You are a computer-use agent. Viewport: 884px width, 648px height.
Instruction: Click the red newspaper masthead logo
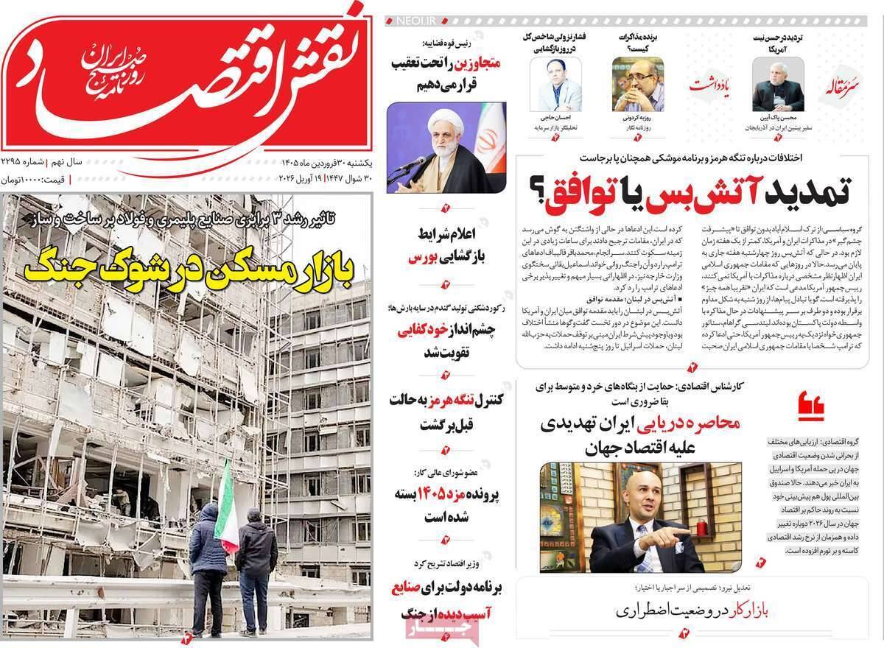tap(188, 77)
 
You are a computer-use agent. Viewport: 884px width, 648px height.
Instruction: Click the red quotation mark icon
tap(810, 404)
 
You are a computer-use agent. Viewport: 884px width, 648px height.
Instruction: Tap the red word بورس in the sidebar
tap(424, 258)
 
